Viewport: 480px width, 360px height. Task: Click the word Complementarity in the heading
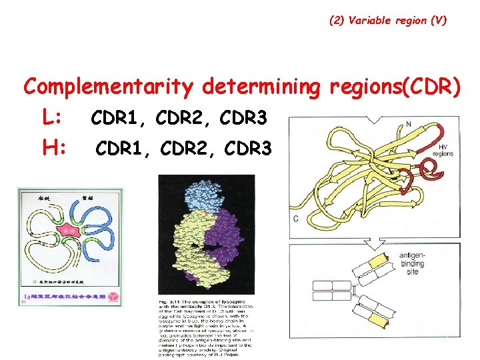[109, 87]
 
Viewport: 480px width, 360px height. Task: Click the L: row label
[53, 118]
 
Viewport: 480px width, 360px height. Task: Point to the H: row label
[53, 146]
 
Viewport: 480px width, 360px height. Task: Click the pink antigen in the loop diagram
[68, 233]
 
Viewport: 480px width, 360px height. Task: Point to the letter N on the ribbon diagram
[407, 123]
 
